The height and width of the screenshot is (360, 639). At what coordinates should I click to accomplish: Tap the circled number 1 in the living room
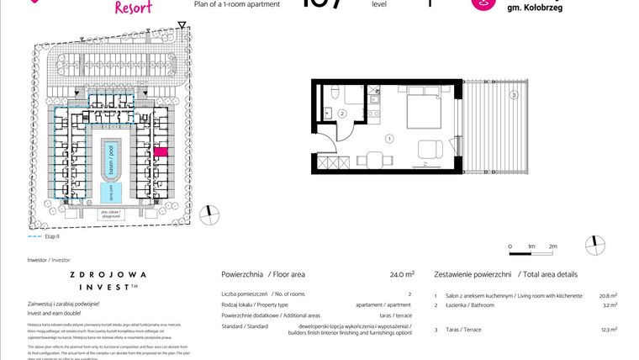pos(389,138)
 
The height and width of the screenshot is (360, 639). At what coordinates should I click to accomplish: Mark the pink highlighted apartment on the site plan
pos(161,151)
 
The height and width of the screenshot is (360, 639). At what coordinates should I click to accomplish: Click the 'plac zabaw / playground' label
pos(108,214)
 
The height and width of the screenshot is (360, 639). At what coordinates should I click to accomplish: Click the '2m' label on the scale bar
pos(552,246)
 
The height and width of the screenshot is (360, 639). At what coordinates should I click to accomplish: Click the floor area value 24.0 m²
pos(402,274)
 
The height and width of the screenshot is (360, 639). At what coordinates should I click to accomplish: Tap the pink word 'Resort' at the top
pos(133,8)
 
